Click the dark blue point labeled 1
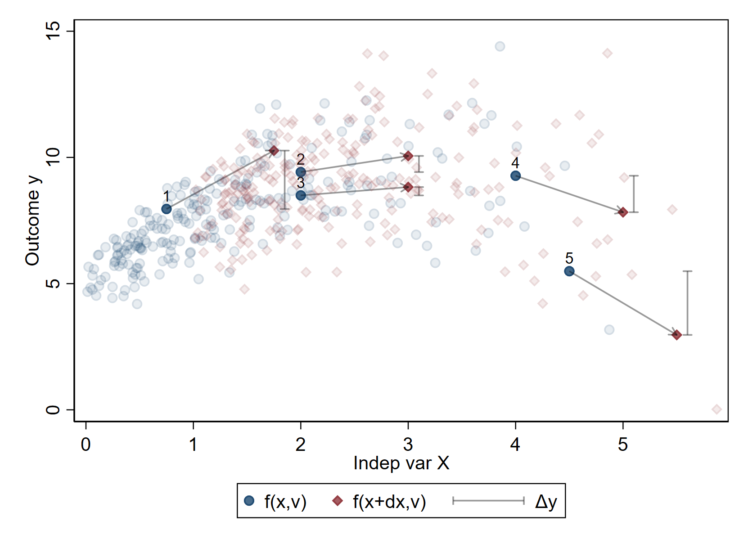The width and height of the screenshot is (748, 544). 166,209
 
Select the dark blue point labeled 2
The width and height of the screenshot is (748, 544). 301,172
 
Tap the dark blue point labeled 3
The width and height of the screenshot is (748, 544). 301,195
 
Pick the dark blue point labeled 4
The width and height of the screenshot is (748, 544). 516,175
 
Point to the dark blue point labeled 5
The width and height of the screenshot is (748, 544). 569,271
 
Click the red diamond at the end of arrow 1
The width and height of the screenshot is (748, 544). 274,151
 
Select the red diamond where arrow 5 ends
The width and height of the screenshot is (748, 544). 677,335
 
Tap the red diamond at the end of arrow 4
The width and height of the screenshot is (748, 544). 623,212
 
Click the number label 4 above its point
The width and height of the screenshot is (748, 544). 515,163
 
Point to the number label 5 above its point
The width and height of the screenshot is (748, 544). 569,258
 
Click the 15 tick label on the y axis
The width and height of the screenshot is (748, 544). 53,31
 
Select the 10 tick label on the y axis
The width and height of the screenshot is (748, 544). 53,157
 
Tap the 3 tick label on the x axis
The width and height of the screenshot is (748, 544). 408,445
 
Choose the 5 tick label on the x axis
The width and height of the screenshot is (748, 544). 623,445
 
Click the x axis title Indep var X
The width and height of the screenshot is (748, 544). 401,463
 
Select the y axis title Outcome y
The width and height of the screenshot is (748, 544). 33,221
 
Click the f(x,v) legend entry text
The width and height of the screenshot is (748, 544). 285,502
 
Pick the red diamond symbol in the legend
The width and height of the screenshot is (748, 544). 338,501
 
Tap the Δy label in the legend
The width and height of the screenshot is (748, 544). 546,502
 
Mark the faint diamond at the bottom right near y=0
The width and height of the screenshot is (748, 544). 716,409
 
